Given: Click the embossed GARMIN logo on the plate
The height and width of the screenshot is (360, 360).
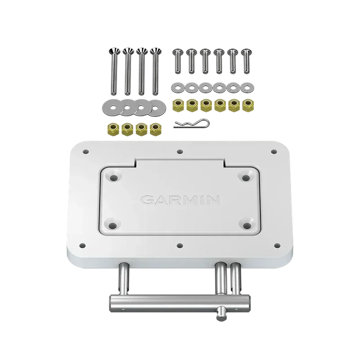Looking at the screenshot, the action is [180, 200].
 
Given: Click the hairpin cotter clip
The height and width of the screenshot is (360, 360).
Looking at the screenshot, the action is [192, 124].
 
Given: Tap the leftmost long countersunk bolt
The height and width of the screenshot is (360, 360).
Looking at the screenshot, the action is [114, 72].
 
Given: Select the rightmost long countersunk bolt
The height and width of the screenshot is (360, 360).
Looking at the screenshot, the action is [156, 72].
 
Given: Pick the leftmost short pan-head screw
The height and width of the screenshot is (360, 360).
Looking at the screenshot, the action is [178, 61].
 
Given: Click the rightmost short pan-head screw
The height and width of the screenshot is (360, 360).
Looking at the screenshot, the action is [246, 61].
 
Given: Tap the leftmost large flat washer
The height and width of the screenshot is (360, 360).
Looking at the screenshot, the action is [112, 108].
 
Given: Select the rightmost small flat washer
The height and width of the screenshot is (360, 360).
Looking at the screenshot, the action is [247, 87].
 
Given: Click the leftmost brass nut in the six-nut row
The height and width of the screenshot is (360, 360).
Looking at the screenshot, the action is [178, 105].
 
